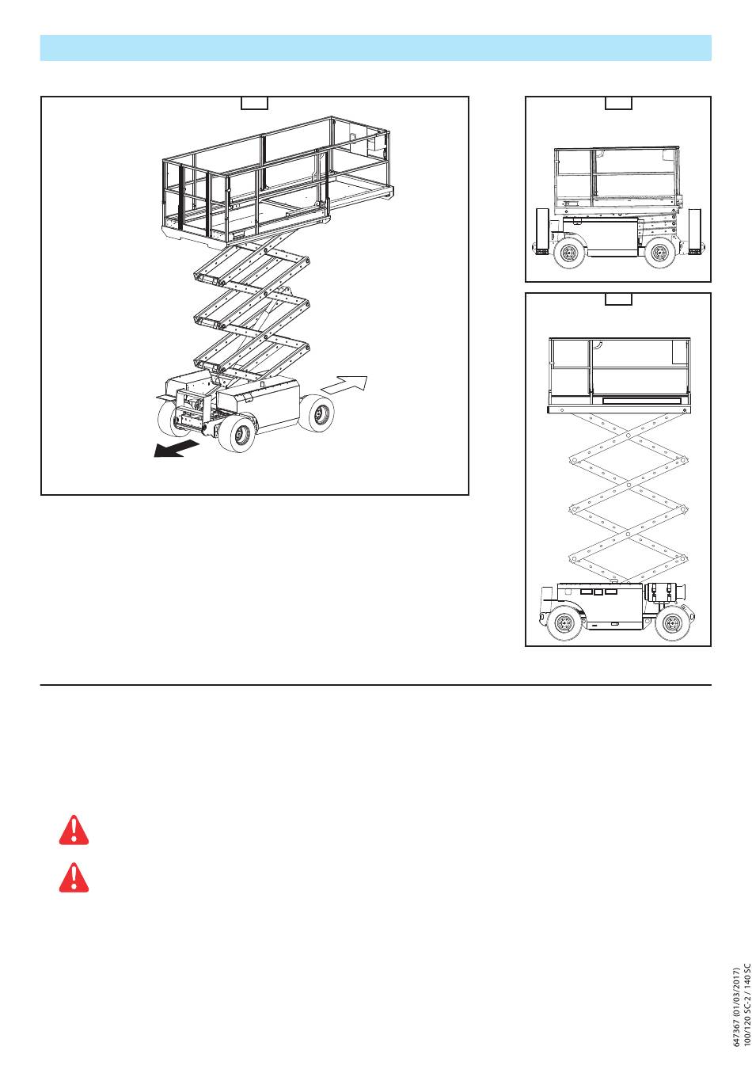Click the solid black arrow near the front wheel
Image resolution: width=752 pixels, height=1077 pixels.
[x=176, y=448]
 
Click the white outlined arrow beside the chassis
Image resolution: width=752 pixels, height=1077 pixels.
[x=344, y=385]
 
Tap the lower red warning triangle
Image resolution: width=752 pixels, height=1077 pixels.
[x=74, y=877]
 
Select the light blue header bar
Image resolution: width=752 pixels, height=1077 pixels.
[x=375, y=48]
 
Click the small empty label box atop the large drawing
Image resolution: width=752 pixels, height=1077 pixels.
[x=254, y=103]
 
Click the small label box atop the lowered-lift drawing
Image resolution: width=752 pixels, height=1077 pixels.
[x=618, y=103]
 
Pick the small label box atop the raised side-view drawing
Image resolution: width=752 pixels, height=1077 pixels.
[x=618, y=299]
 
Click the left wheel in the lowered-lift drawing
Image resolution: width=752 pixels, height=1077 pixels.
[x=569, y=252]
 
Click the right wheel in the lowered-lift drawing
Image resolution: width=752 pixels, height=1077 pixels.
[x=659, y=252]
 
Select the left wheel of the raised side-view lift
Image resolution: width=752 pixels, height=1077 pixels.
[x=564, y=623]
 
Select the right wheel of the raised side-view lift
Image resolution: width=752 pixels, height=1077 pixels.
[x=672, y=623]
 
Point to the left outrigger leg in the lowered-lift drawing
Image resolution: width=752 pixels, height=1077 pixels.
[x=542, y=231]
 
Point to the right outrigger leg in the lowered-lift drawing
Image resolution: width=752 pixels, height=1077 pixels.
[x=695, y=231]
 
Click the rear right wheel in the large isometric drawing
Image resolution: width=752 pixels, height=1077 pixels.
[x=317, y=413]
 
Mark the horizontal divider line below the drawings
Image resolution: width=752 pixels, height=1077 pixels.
[x=375, y=684]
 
